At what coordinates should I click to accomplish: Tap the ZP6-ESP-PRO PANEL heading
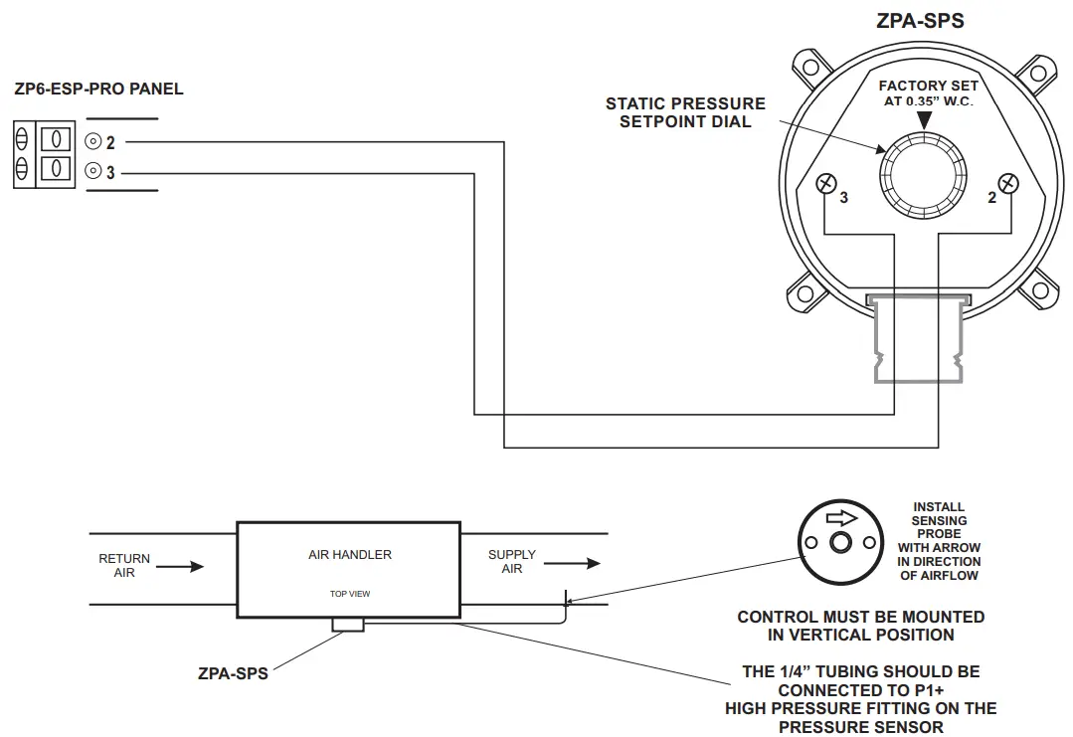pos(98,89)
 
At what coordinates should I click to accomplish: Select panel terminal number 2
pos(93,142)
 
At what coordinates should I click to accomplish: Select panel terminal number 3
pos(93,171)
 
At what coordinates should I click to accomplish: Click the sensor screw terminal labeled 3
pos(825,183)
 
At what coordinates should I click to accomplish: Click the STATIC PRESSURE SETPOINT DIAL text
pos(685,112)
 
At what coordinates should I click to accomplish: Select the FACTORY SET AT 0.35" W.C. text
pos(928,93)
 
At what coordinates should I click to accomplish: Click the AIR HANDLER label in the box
pos(349,554)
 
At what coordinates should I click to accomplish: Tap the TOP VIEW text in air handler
pos(350,594)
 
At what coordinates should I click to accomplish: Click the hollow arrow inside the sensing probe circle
pos(840,518)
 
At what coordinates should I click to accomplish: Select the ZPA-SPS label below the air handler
pos(233,673)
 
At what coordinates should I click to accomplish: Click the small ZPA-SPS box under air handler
pos(347,625)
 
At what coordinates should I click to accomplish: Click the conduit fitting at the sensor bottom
pos(917,339)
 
